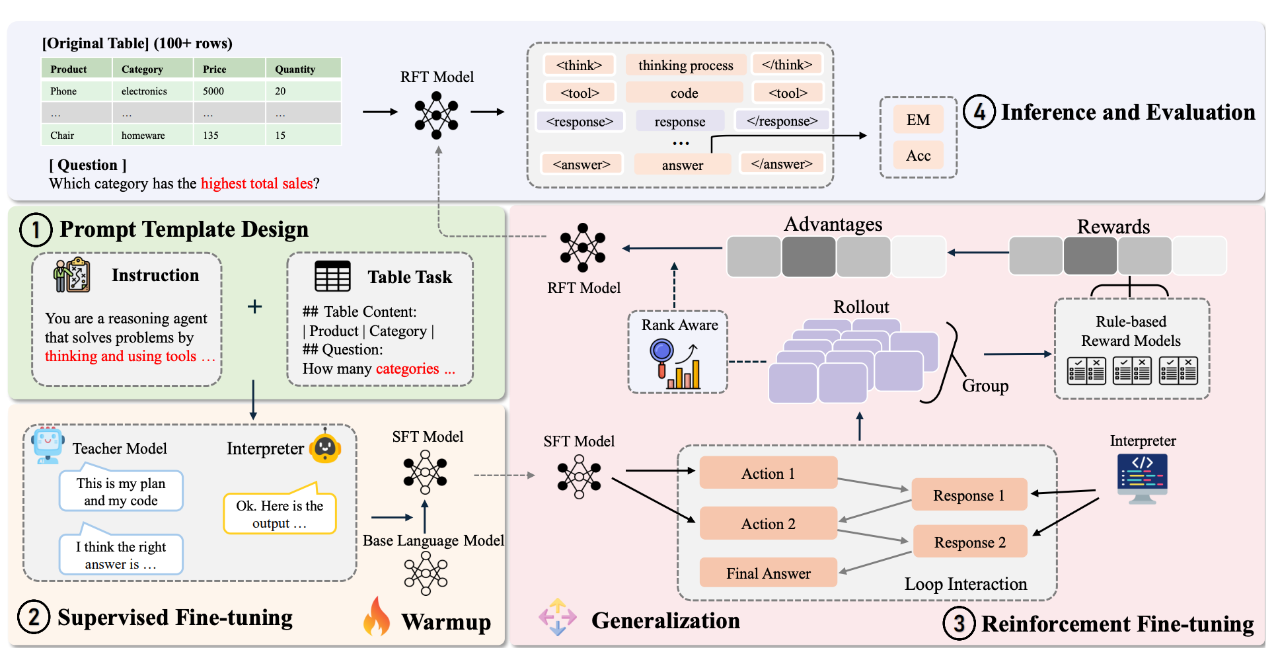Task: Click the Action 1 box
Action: point(768,473)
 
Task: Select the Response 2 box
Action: point(969,542)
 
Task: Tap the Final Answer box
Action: point(768,573)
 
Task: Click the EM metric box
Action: point(918,120)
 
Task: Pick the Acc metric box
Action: point(918,155)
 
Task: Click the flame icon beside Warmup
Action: point(377,617)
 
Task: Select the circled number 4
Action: point(979,112)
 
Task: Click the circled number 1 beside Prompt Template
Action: point(36,229)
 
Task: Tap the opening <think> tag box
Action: point(579,65)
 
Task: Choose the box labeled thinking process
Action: point(685,65)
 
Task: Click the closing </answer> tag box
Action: point(782,163)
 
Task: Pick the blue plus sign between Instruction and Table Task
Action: point(254,306)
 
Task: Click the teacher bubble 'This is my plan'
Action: point(121,491)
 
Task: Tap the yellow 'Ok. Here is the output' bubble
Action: point(280,514)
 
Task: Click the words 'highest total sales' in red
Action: point(256,184)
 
